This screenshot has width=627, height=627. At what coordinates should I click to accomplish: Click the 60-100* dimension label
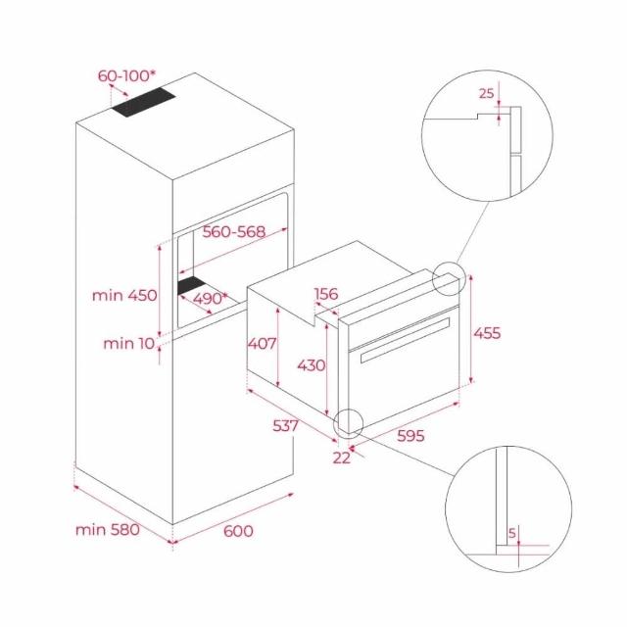[126, 75]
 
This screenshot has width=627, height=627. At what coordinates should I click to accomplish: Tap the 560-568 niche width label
[234, 231]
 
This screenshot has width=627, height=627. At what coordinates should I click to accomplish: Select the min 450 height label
[124, 296]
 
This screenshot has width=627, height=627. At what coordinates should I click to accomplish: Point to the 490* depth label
[211, 298]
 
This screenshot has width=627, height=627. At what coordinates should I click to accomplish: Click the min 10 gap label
[128, 343]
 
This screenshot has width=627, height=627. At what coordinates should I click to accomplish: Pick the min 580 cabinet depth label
[108, 530]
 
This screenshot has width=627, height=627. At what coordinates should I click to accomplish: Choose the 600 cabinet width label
[238, 531]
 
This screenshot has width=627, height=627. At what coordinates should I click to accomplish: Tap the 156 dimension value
[326, 294]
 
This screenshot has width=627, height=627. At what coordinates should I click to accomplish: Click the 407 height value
[262, 343]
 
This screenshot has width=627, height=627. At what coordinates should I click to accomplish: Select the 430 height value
[312, 365]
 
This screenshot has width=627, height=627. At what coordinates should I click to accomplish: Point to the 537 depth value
[285, 426]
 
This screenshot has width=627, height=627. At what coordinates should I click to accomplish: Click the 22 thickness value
[342, 458]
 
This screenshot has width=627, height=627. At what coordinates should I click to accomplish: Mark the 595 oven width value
[410, 435]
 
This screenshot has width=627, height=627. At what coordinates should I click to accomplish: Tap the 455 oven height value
[487, 333]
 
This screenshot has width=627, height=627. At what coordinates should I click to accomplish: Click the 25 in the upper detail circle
[487, 93]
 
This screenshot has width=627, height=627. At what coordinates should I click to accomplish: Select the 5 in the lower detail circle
[512, 533]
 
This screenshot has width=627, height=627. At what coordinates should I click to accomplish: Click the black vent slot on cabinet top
[144, 102]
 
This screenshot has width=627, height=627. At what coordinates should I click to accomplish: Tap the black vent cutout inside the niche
[192, 285]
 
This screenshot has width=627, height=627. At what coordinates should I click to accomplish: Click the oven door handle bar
[405, 340]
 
